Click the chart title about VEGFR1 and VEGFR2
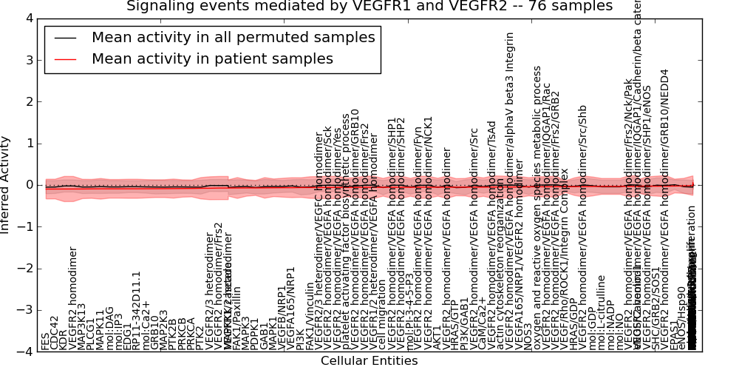pos(369,6)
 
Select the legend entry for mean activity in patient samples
pos(212,59)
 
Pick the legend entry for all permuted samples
pos(233,38)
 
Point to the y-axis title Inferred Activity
pos(6,185)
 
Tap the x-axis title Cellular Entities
pos(369,361)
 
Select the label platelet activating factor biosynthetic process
pos(345,232)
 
